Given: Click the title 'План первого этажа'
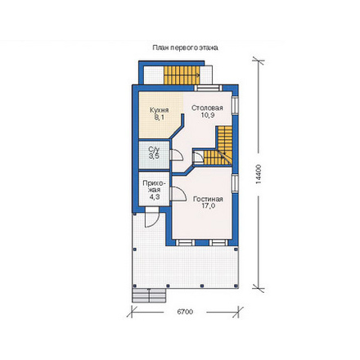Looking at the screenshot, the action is [185, 48].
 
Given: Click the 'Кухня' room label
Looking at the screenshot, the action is [160, 110].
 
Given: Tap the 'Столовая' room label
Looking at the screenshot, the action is [207, 108].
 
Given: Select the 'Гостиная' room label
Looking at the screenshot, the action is [208, 199].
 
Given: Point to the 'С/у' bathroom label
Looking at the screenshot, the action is [154, 150].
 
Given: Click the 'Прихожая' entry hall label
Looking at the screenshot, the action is [154, 187].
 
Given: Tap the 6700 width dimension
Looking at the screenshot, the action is [185, 312].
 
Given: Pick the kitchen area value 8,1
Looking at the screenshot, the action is [160, 117].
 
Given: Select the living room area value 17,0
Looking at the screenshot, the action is [208, 206].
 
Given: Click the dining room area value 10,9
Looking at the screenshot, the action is [208, 115].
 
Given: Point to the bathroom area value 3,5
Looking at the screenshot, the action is [154, 156].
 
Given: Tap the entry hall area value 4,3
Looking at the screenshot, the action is [155, 197].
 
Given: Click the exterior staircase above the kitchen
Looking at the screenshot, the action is [182, 75].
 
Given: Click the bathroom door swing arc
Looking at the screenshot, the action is [179, 154].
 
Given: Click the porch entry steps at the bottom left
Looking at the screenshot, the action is [149, 295].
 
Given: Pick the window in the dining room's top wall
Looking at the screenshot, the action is [209, 88].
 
